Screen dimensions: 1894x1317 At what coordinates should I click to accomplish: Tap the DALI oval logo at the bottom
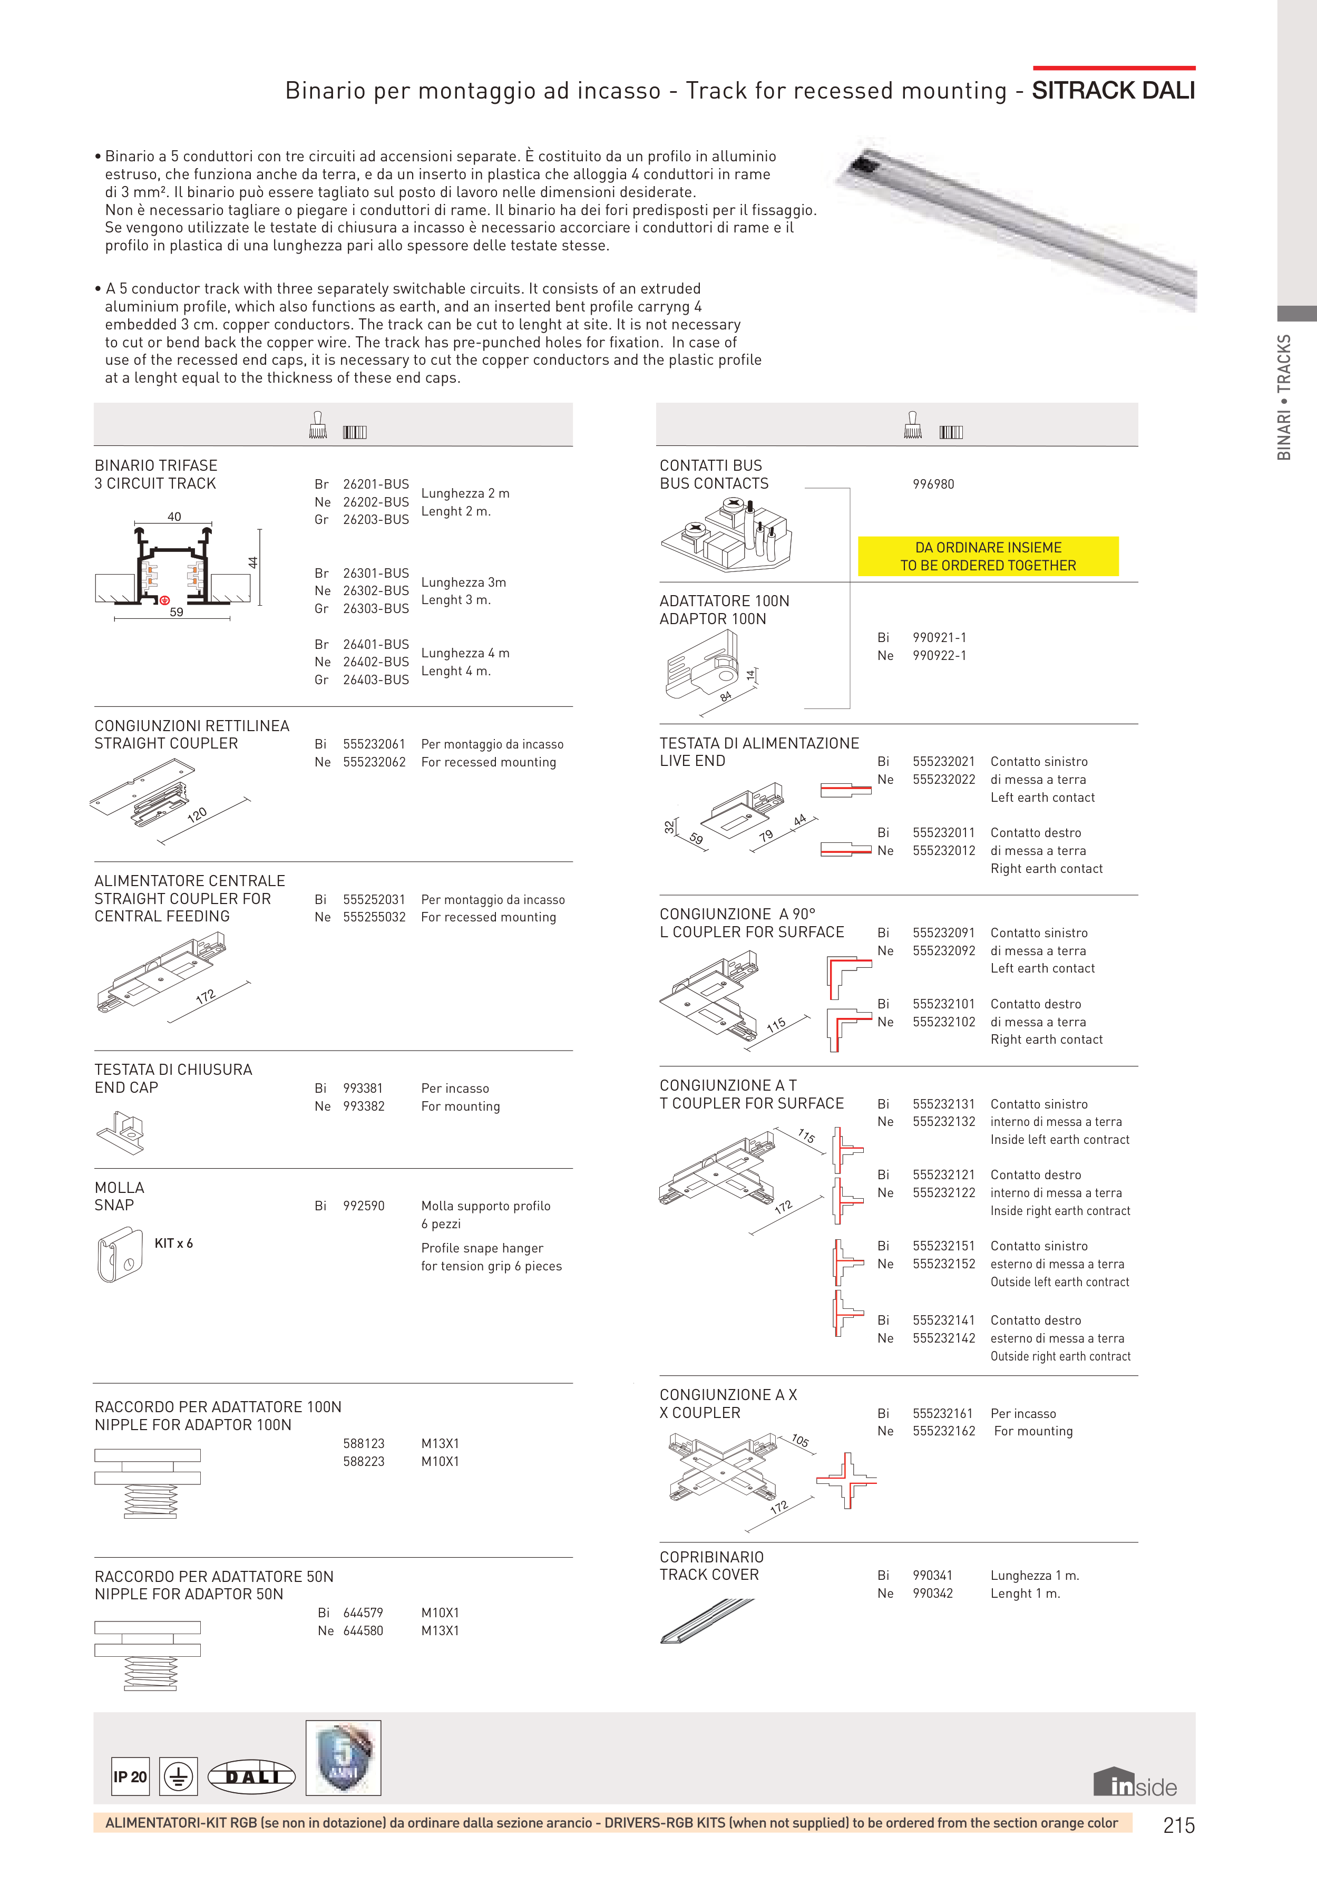point(251,1777)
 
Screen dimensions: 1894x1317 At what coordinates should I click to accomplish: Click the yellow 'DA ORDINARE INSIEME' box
point(988,556)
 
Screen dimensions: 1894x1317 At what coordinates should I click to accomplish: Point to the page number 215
point(1178,1825)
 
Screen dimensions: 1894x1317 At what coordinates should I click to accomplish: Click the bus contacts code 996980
point(933,484)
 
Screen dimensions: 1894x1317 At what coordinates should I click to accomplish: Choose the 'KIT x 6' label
point(173,1243)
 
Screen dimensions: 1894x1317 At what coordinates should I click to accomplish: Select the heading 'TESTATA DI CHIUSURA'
point(173,1069)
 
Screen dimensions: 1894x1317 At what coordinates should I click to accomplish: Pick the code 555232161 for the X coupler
point(943,1413)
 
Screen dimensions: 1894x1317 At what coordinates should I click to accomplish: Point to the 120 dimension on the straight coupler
point(197,815)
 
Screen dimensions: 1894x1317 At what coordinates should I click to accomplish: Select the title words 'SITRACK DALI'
point(1113,91)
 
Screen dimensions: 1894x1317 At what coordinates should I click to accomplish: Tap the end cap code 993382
point(364,1106)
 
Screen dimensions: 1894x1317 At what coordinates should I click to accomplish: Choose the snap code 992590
point(364,1205)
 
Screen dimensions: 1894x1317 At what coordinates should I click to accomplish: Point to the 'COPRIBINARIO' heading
point(711,1557)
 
